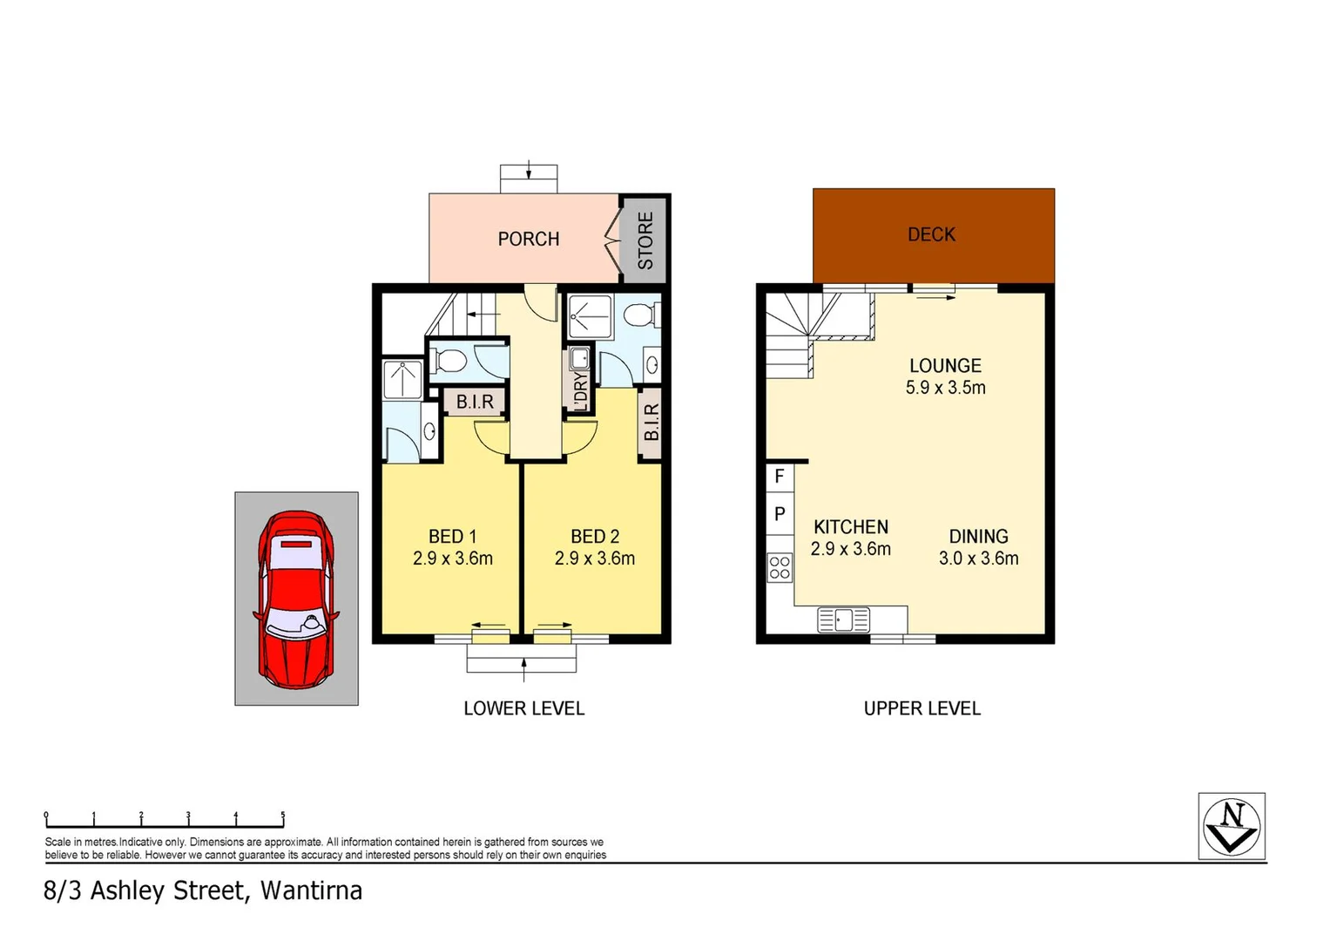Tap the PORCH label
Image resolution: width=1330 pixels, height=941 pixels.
528,239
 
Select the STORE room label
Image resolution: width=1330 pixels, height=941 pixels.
645,240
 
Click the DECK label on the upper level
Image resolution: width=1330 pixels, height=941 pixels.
931,234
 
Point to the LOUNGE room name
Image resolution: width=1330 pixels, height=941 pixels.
945,366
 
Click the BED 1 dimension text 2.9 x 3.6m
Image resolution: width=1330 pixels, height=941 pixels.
452,559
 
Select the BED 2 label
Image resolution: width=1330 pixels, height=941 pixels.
594,537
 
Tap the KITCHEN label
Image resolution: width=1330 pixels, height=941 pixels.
850,527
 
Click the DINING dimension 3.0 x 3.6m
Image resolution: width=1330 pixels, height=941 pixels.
978,559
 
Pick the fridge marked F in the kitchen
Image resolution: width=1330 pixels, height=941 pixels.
780,477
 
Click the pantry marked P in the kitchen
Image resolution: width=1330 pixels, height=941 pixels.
780,514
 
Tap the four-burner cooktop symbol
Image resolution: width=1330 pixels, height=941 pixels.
780,568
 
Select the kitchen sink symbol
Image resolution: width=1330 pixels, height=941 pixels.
843,619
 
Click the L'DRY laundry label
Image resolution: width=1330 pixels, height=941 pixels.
580,389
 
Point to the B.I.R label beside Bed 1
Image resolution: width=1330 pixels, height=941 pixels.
475,402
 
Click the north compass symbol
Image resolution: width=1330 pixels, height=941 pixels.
1231,826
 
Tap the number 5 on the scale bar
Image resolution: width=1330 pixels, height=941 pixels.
282,816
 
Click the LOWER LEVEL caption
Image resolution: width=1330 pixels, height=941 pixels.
523,708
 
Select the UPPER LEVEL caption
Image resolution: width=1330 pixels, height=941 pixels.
922,708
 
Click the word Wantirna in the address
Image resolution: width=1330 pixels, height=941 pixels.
311,890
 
